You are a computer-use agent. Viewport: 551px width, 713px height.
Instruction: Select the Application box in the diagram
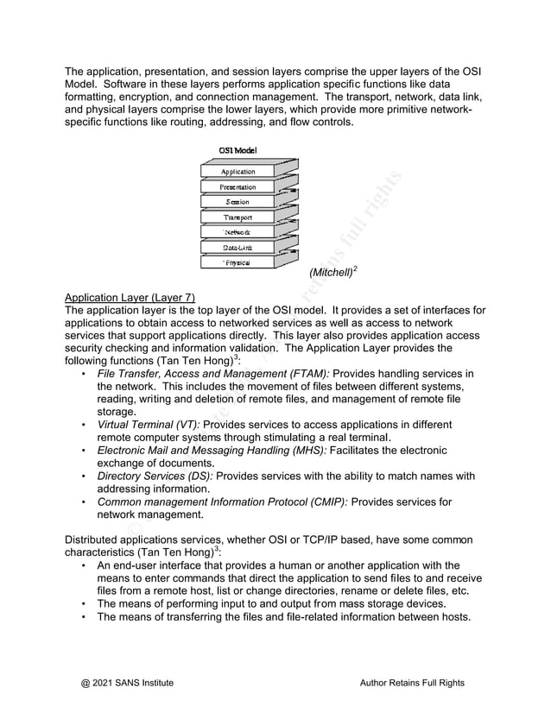(237, 172)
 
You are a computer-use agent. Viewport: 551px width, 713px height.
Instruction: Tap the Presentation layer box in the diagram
(237, 187)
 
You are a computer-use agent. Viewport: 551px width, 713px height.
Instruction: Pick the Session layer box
(237, 202)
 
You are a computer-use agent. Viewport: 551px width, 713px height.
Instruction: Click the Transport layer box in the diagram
(237, 218)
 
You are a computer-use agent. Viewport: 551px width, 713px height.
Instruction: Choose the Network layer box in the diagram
(237, 233)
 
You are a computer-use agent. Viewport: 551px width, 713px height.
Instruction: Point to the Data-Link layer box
(237, 248)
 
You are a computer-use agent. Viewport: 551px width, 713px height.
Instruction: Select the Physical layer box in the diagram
(237, 262)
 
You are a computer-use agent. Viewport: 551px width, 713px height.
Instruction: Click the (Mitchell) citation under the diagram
(331, 273)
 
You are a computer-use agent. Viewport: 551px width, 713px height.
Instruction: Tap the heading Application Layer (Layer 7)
(130, 298)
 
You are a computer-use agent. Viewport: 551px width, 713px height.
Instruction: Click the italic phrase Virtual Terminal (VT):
(149, 425)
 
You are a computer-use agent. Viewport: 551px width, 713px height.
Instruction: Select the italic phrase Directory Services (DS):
(155, 476)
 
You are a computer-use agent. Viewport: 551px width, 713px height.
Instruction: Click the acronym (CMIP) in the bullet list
(324, 502)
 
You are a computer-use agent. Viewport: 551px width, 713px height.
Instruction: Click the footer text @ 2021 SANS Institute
(127, 683)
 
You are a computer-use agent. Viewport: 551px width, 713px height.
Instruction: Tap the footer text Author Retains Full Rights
(411, 683)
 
